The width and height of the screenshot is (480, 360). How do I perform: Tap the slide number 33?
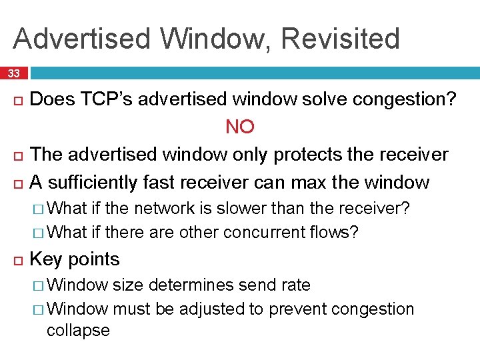coord(14,73)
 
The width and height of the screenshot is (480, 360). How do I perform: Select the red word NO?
coord(240,127)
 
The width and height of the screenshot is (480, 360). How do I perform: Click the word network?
coord(165,209)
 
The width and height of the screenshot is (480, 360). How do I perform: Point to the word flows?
coord(334,232)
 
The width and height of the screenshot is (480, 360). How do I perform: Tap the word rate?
coord(295,285)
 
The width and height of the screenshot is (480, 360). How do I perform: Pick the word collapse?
coord(78,331)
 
